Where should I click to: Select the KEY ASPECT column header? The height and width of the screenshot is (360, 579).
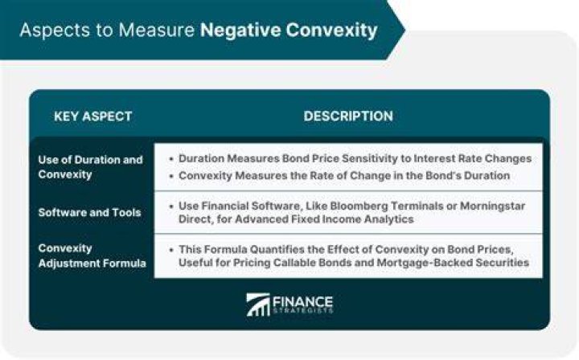tap(93, 117)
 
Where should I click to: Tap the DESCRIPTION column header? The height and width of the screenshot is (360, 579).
tap(348, 117)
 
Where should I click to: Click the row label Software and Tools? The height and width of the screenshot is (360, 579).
tap(90, 212)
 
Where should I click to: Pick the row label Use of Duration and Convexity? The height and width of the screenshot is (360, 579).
tap(90, 166)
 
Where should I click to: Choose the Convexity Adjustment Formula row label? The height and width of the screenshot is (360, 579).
tap(92, 256)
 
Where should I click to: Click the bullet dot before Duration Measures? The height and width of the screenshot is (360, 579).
tap(171, 159)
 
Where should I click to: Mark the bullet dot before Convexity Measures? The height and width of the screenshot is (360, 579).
tap(171, 176)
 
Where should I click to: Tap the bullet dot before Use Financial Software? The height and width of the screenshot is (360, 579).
tap(171, 207)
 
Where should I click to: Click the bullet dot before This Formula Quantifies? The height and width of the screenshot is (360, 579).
tap(171, 250)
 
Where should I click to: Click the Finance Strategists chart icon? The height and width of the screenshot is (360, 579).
tap(258, 305)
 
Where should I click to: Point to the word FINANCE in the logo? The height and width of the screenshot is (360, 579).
tap(303, 302)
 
